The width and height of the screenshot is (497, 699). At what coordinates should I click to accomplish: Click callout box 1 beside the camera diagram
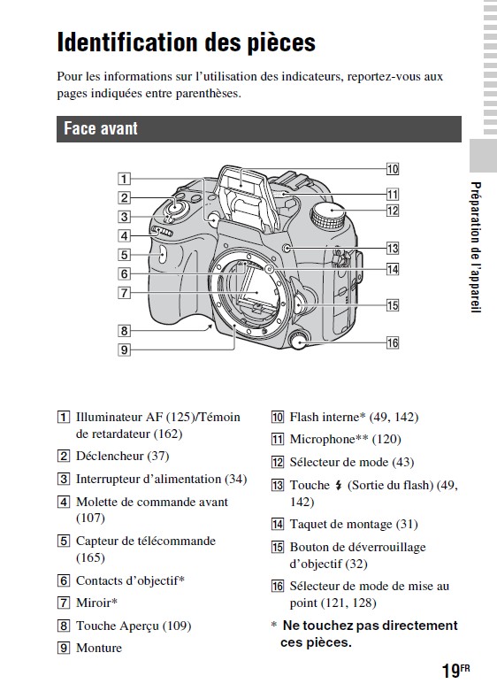tap(124, 179)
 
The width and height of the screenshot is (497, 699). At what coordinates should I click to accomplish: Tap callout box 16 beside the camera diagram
tap(393, 342)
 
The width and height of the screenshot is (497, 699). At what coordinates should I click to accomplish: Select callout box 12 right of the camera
tap(393, 211)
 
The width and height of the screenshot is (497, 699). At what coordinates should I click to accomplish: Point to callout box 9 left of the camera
tap(124, 350)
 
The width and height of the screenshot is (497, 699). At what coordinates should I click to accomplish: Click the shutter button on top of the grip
tap(175, 206)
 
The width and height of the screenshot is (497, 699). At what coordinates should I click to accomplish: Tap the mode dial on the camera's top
tap(329, 213)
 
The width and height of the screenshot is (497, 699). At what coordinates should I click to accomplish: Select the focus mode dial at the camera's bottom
tap(298, 340)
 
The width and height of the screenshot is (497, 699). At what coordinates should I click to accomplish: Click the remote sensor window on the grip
tap(162, 255)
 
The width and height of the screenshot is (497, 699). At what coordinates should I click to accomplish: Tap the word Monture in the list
tap(99, 648)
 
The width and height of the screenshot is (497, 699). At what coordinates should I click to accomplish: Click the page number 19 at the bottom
tap(451, 671)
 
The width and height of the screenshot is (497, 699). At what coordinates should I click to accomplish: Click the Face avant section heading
tap(101, 128)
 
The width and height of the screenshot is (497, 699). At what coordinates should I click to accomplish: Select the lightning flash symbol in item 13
tap(339, 486)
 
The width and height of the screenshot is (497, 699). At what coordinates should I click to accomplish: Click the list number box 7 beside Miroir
tap(64, 603)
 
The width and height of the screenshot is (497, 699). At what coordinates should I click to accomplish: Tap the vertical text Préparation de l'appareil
tap(476, 248)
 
